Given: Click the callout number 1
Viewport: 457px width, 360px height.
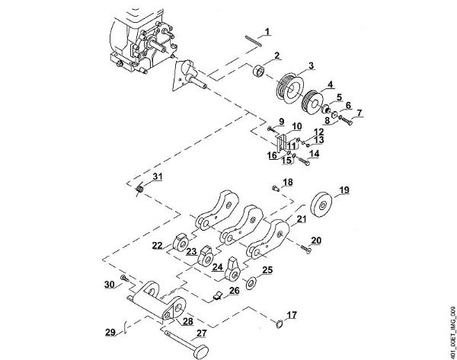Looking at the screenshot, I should [267, 31].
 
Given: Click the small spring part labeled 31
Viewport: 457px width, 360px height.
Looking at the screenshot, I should [140, 188].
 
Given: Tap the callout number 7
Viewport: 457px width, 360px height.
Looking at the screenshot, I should [360, 114].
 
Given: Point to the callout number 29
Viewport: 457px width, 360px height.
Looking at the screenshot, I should [110, 332].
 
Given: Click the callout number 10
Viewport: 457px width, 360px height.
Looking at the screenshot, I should [296, 126].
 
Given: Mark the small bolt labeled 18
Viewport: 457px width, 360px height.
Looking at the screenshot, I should [274, 188].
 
